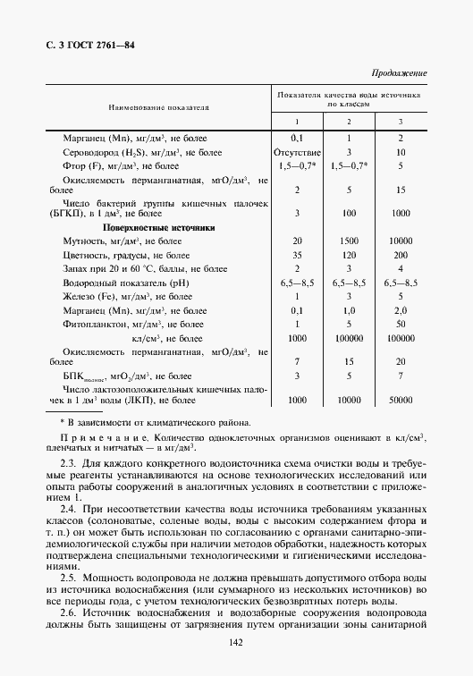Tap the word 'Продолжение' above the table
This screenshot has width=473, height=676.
(398, 72)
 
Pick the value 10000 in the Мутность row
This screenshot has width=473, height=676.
(401, 241)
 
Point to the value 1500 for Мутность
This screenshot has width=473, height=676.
(349, 241)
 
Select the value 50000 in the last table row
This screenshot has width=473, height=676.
(401, 402)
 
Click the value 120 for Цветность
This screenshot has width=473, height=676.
(349, 255)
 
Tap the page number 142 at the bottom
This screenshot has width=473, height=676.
(236, 641)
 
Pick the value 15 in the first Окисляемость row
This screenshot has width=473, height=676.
(401, 190)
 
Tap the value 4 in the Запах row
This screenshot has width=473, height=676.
(401, 268)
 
